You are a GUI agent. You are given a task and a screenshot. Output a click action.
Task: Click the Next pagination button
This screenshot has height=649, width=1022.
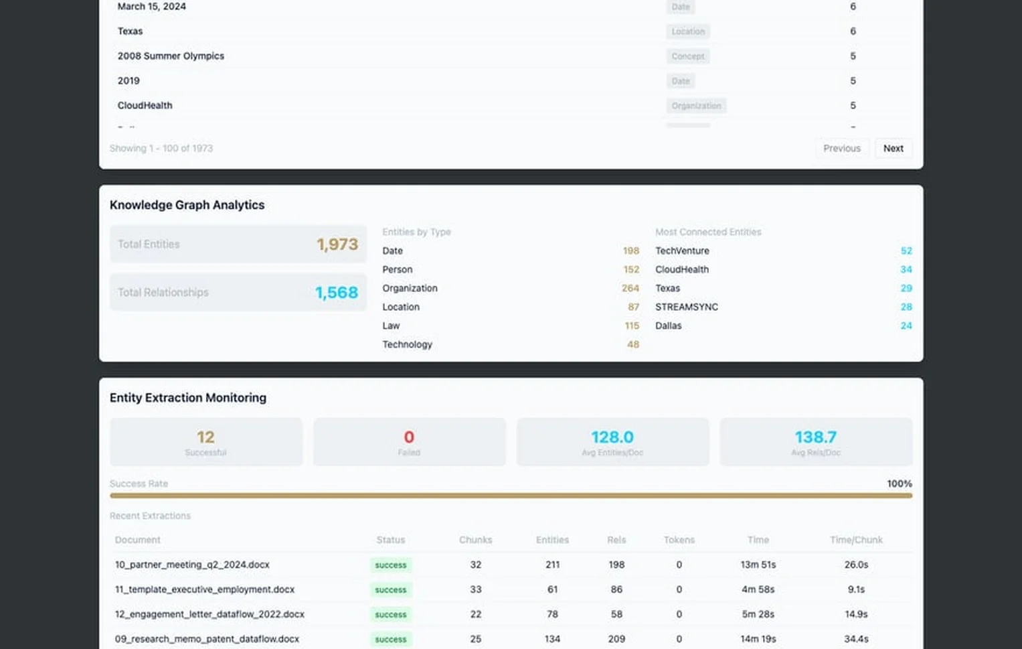tap(893, 148)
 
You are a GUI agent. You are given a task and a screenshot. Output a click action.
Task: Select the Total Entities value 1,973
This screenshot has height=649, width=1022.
tap(337, 244)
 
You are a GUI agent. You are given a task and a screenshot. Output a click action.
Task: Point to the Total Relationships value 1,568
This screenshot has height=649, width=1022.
tap(337, 293)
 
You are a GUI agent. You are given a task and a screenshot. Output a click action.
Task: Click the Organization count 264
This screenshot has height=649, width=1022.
tap(630, 288)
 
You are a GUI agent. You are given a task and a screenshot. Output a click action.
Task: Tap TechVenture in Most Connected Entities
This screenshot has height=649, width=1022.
tap(682, 250)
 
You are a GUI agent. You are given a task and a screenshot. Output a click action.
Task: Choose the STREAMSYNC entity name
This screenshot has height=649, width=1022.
tap(686, 307)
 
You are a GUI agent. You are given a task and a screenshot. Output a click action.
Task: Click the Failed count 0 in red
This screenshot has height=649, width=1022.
tap(409, 437)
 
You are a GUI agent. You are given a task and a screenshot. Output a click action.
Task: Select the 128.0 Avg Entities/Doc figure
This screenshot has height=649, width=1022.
tap(612, 437)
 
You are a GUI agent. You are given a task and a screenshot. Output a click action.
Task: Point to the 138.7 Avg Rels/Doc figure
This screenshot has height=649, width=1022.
tap(815, 437)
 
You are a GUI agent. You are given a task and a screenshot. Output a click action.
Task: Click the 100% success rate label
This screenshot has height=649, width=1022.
tap(899, 484)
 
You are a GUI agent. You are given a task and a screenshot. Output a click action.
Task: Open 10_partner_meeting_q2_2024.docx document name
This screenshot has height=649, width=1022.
tap(192, 565)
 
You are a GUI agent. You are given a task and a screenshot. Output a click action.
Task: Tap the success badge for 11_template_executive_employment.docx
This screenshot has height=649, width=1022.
tap(391, 590)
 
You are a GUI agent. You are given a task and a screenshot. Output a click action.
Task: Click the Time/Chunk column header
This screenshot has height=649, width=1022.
tap(856, 540)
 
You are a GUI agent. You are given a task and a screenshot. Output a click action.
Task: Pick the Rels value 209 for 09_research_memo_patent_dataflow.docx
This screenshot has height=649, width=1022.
tap(616, 639)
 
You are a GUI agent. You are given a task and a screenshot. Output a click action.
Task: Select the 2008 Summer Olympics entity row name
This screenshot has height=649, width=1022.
tap(171, 56)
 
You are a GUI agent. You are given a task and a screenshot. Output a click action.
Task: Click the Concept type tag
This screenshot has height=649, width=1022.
tap(687, 56)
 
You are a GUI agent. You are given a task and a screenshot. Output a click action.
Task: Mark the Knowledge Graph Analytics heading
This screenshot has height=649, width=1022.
tap(187, 205)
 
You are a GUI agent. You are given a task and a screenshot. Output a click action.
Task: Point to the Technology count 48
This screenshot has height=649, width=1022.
tap(632, 344)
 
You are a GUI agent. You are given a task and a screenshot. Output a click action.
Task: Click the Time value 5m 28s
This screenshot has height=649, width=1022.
tap(758, 614)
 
